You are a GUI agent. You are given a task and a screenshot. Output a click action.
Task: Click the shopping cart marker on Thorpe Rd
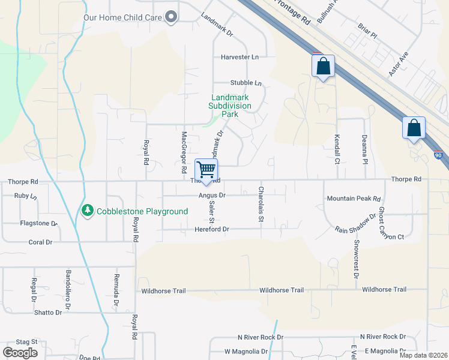click(x=206, y=170)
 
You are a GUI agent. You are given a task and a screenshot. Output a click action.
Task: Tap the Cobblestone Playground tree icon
click(x=88, y=210)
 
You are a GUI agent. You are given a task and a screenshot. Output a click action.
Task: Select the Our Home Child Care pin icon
click(x=171, y=17)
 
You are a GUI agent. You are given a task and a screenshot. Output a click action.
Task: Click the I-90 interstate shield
click(x=439, y=154)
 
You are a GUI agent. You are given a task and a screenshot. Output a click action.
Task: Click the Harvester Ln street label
click(x=240, y=57)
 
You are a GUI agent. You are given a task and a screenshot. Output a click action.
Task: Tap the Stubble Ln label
click(x=246, y=83)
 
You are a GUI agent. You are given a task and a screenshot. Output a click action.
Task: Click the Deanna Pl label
click(x=364, y=149)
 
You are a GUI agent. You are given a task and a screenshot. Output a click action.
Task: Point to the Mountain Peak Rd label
click(x=354, y=199)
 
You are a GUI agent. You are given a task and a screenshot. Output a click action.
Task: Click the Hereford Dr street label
click(x=212, y=229)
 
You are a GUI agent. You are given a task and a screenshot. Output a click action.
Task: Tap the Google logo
click(x=20, y=353)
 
